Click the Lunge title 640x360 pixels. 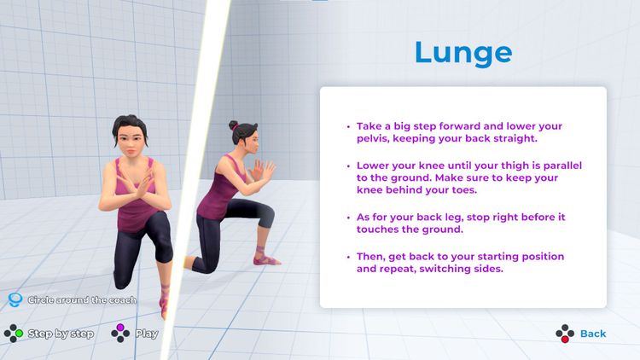point(463,52)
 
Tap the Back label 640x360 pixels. point(593,334)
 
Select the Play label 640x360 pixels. point(147,334)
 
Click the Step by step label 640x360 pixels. point(61,334)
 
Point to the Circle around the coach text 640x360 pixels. point(81,300)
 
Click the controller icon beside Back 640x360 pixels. point(564,334)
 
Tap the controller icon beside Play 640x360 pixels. point(121,333)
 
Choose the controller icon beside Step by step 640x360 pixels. point(13,333)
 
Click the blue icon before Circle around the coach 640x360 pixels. point(14,300)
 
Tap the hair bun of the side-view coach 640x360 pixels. point(232,125)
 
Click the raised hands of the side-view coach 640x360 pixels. point(265,171)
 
